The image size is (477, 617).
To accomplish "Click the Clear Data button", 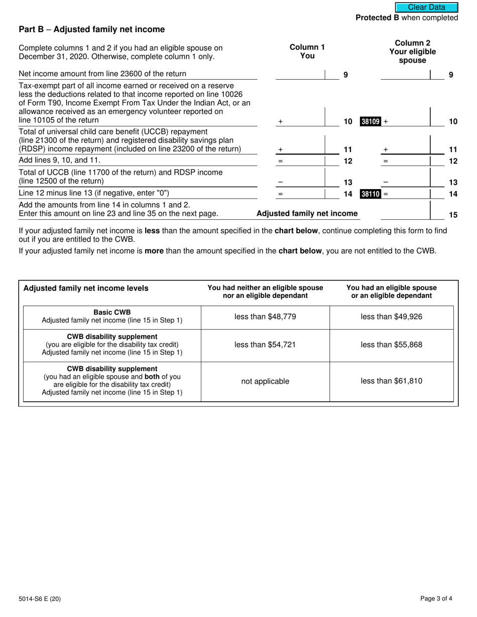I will (x=426, y=7).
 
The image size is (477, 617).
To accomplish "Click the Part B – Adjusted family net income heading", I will (x=91, y=30).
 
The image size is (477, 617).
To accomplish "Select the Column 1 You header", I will (x=307, y=51).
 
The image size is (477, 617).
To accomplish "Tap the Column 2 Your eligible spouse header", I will (x=412, y=52).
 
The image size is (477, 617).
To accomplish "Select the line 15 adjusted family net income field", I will (x=405, y=214).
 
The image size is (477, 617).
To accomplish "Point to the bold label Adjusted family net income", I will (x=307, y=214).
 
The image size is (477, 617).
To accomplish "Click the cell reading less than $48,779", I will (x=265, y=317).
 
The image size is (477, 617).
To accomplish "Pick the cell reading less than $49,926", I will (x=391, y=317).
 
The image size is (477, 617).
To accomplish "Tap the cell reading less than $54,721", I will (x=265, y=345).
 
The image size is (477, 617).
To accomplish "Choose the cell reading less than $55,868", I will (x=391, y=345).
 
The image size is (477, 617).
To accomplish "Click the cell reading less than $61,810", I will (x=391, y=381).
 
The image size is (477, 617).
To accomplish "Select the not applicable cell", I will (x=265, y=381).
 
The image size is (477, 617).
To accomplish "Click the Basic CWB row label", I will (x=112, y=312).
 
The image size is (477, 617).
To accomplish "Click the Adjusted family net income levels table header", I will (x=86, y=288).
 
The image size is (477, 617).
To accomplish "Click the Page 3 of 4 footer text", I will (x=439, y=598).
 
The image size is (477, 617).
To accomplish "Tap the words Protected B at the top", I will (x=377, y=18).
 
